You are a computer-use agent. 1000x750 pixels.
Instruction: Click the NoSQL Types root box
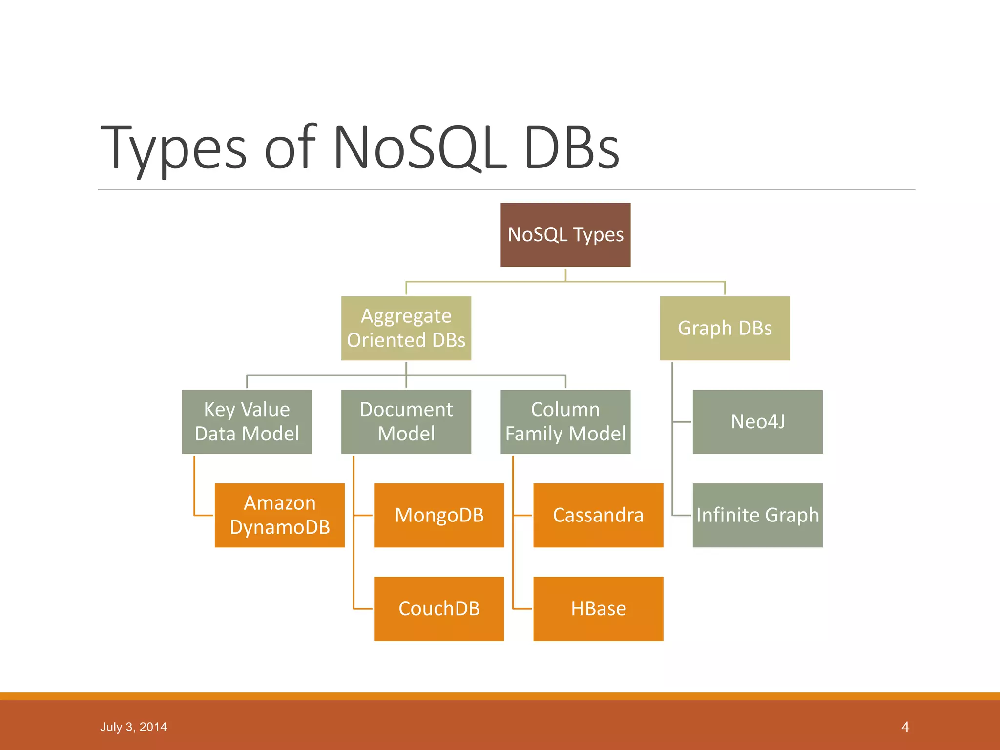[565, 235]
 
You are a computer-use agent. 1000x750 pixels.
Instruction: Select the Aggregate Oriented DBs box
[406, 328]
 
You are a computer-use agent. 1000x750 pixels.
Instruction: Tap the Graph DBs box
[725, 328]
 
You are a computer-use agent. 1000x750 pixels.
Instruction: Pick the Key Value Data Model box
[247, 421]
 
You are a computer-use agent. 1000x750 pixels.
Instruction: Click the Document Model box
[406, 421]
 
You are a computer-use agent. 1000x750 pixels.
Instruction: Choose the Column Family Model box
[565, 421]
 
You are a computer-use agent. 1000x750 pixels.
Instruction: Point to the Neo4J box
[757, 421]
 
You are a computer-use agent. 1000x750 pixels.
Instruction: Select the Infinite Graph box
[757, 515]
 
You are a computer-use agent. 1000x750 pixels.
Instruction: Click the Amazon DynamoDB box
[279, 515]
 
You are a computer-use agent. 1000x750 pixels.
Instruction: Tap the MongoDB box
[438, 515]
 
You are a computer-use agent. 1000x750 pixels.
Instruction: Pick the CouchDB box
[438, 609]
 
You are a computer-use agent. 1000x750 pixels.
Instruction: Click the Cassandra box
[598, 515]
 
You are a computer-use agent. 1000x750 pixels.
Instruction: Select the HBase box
[598, 609]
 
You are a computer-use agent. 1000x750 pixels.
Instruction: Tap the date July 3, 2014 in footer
[133, 727]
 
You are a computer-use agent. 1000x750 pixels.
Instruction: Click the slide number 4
[905, 727]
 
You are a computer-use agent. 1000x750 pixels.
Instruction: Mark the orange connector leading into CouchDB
[363, 609]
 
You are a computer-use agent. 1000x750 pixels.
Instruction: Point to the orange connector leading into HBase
[522, 609]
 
